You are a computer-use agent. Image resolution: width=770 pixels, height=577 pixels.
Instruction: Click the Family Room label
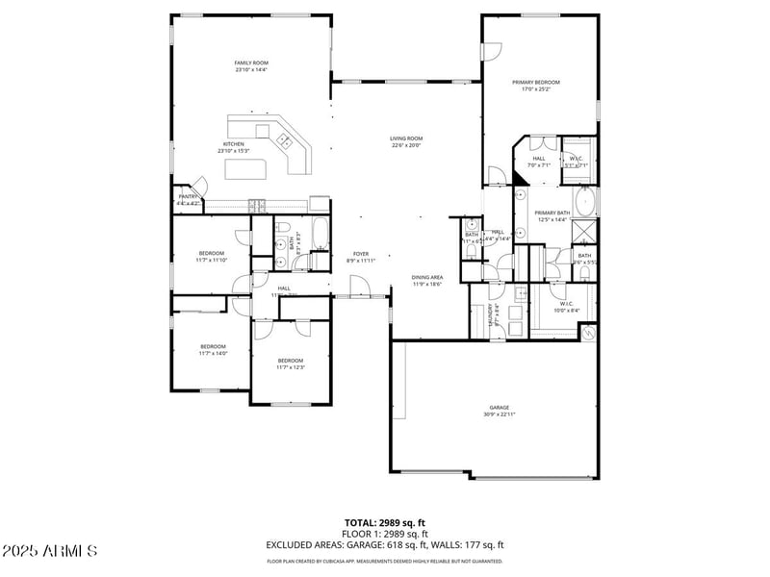tap(250, 63)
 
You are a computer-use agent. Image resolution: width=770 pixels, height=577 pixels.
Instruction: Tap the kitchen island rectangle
tap(245, 169)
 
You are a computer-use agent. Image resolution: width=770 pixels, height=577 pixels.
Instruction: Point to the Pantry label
tap(188, 196)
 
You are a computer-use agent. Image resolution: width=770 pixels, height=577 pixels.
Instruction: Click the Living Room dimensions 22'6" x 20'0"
tap(406, 145)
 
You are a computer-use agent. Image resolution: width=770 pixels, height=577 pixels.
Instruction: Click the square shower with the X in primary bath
tap(584, 232)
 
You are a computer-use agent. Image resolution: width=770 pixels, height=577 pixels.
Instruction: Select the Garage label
tap(499, 407)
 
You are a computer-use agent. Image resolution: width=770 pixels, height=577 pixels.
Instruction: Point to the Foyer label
tap(360, 254)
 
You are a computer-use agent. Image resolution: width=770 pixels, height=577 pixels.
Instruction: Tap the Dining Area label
tap(427, 277)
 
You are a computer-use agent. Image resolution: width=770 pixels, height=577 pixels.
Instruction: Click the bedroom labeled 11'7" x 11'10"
tap(212, 253)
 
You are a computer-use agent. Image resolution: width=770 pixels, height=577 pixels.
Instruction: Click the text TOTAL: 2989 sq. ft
tap(385, 523)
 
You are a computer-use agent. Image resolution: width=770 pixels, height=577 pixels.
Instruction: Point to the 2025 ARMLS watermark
tap(50, 551)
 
